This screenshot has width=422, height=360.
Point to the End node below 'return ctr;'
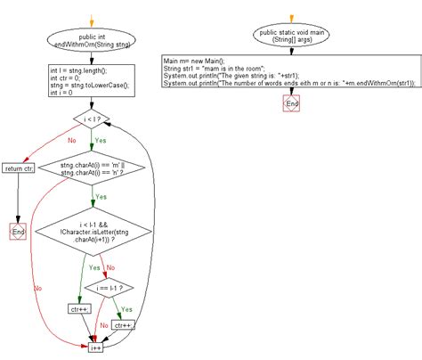pos(19,232)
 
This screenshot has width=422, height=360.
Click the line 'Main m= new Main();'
pos(195,60)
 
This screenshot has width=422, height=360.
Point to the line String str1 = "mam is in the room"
pos(218,68)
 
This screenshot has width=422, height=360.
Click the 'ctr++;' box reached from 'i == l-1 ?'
pos(123,326)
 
